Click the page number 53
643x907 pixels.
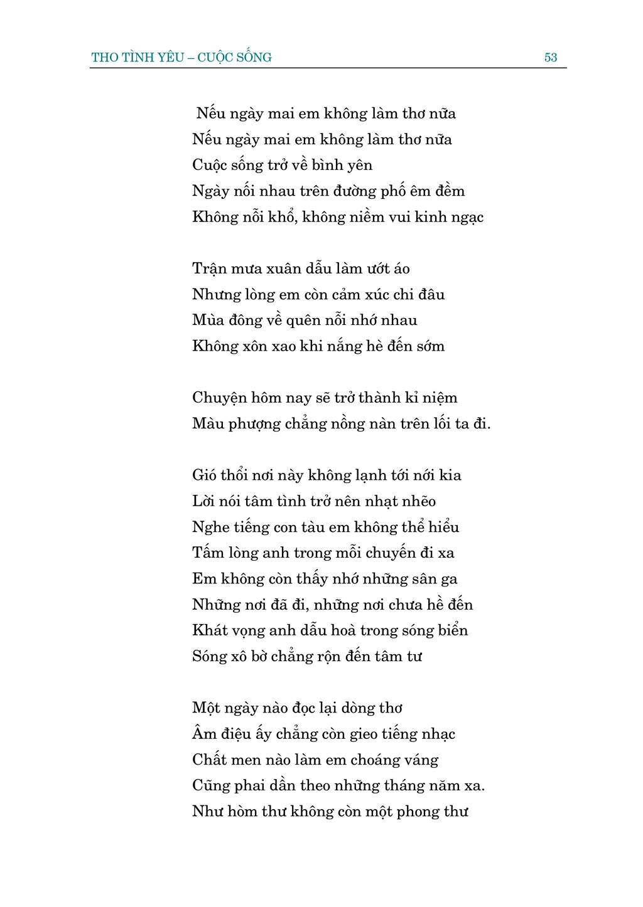[550, 58]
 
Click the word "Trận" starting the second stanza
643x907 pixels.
[209, 269]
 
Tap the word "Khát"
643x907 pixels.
[210, 630]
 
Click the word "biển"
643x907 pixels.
[453, 630]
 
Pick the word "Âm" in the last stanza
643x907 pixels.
[205, 734]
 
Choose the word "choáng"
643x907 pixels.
[377, 760]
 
